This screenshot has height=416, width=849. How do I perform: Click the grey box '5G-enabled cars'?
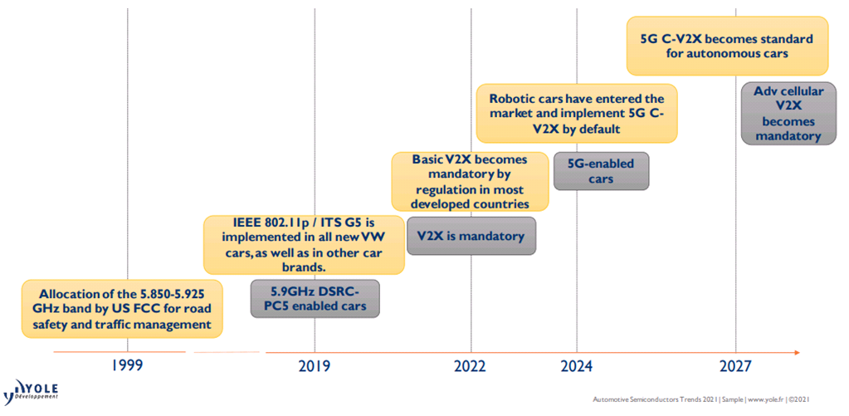601,171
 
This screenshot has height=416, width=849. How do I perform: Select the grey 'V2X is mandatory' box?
471,236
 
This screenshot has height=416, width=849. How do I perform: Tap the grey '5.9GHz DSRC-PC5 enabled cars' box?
315,298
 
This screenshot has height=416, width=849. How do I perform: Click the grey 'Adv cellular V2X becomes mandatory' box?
788,114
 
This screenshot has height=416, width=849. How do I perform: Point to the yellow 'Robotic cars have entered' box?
576,113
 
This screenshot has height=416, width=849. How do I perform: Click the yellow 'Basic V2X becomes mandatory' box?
470,181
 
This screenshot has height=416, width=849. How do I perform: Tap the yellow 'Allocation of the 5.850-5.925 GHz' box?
124,309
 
